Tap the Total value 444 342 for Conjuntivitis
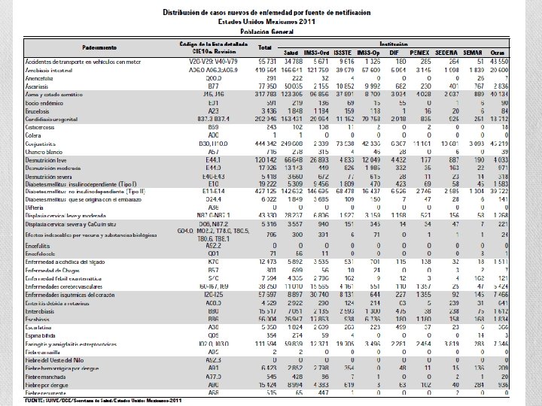click(264, 141)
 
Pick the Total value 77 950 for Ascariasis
click(266, 87)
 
